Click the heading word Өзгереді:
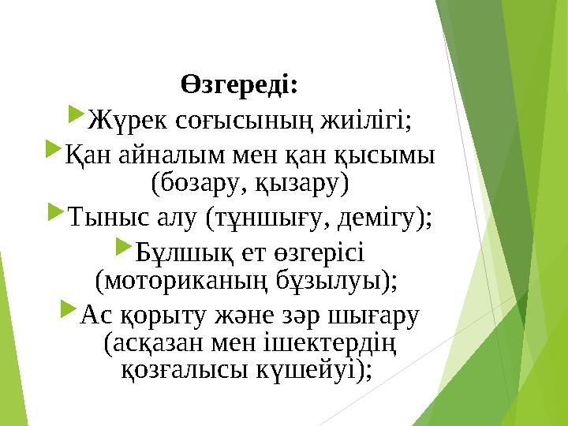click(x=240, y=84)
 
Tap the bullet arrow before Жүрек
click(x=76, y=117)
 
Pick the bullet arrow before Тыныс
click(x=57, y=211)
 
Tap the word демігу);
click(x=391, y=215)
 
